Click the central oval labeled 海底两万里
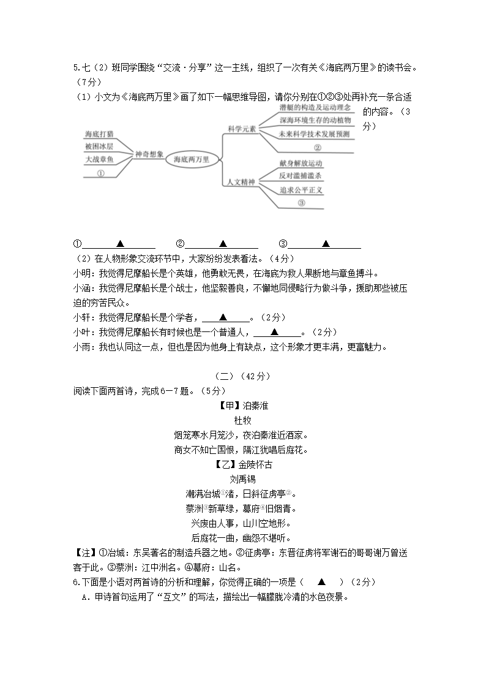(x=192, y=159)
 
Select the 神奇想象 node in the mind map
(x=149, y=155)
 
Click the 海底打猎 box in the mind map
(x=99, y=134)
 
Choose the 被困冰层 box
(x=99, y=147)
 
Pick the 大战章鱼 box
(x=99, y=160)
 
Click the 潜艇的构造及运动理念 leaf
(x=315, y=108)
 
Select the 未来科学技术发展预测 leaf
(x=313, y=134)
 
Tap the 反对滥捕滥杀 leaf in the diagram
(x=301, y=176)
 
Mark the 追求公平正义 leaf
(x=301, y=190)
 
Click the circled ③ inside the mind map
(x=301, y=203)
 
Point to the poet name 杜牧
(x=242, y=420)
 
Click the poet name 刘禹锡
(x=242, y=479)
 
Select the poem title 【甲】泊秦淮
(x=242, y=406)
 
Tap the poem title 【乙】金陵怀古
(x=242, y=464)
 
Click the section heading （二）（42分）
(x=242, y=376)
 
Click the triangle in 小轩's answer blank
(x=223, y=317)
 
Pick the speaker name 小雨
(x=81, y=347)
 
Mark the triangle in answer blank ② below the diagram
(x=223, y=243)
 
